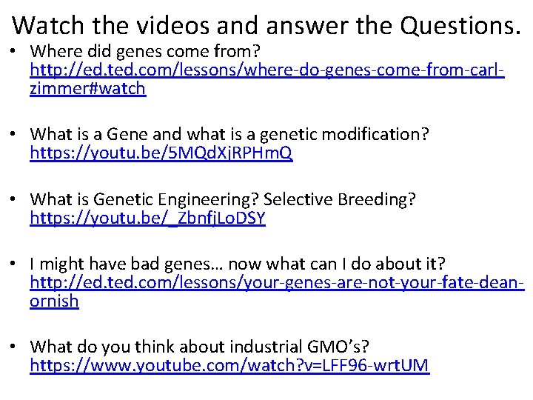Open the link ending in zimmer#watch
tap(87, 90)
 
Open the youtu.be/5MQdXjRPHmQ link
tap(161, 153)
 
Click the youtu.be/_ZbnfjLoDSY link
tap(147, 219)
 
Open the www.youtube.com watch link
tap(229, 365)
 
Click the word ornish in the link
tap(54, 301)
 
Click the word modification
tap(372, 135)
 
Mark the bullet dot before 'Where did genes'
tap(16, 53)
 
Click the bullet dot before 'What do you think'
tap(16, 347)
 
